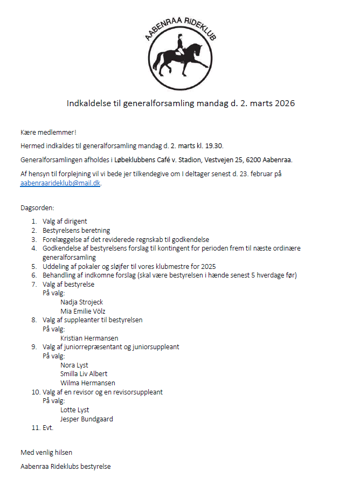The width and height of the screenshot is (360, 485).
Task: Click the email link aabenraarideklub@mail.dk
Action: (60, 183)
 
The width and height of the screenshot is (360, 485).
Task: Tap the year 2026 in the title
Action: (285, 103)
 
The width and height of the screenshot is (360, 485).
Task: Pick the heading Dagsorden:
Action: (37, 207)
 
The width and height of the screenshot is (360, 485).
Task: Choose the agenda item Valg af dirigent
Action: (65, 221)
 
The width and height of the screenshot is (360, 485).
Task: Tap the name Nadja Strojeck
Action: (81, 302)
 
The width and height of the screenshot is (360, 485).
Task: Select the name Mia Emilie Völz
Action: (83, 311)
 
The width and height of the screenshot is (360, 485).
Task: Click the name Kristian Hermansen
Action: (89, 338)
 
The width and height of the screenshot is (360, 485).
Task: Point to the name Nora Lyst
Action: (74, 365)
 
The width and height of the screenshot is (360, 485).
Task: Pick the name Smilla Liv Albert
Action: (84, 374)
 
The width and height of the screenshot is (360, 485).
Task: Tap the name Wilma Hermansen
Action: (87, 383)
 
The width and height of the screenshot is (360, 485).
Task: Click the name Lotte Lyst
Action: (74, 410)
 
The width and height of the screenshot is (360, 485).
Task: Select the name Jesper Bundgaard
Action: (86, 419)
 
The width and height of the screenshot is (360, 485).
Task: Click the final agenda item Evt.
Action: (49, 428)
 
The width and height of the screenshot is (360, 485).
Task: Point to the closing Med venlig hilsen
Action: (46, 452)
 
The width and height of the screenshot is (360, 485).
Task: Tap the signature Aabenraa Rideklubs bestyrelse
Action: (65, 466)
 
